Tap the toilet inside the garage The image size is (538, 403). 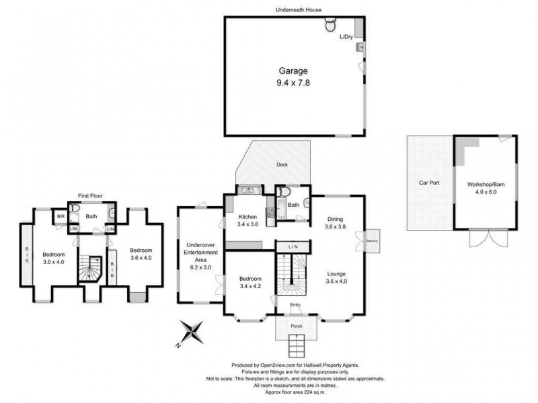(330, 26)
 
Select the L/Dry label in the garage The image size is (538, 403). (346, 36)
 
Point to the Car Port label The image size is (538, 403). (429, 183)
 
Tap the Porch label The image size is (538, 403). (296, 326)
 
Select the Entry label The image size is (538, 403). (296, 306)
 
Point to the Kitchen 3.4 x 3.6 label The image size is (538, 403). (248, 220)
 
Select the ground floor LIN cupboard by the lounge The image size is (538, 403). (293, 247)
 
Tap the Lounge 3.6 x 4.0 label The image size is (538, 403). (336, 277)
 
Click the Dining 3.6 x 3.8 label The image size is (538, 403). (336, 223)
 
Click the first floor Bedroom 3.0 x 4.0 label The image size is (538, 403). (54, 259)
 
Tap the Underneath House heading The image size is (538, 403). (296, 9)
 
